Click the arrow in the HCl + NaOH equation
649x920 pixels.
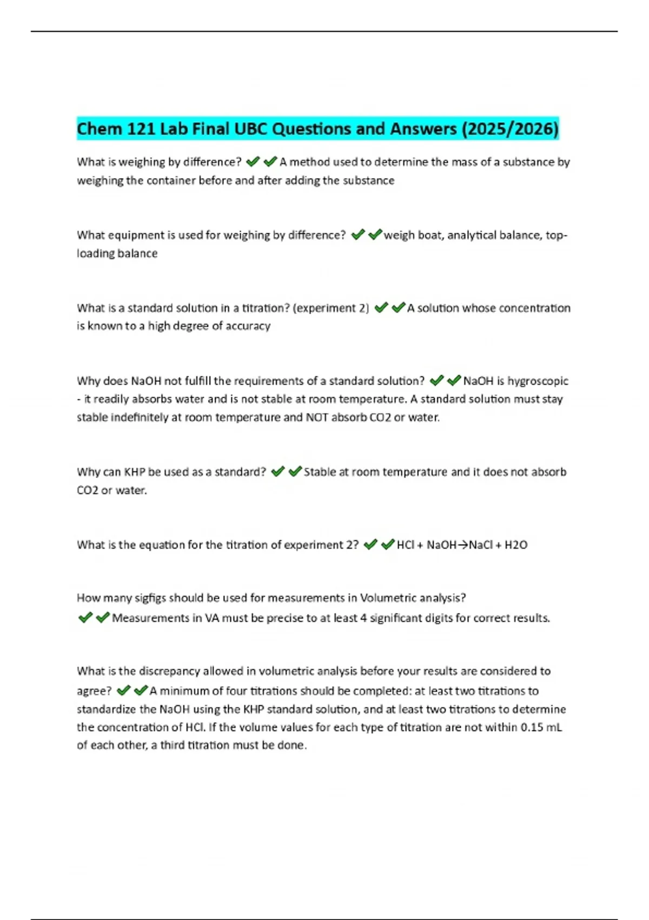coord(462,545)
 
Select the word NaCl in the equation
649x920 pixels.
coord(481,545)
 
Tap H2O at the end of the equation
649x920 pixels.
coord(516,545)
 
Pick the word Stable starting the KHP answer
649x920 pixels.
coord(320,472)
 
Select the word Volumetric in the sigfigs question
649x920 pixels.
coord(387,598)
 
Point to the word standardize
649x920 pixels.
coord(107,709)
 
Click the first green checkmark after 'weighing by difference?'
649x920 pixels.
coord(253,162)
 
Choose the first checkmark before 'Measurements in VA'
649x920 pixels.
coord(85,617)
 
